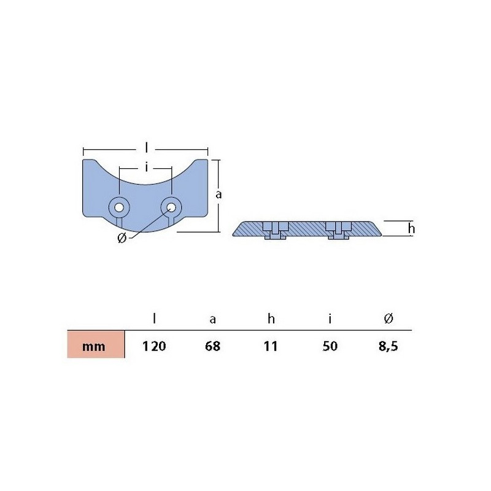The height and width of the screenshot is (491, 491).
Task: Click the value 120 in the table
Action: (154, 346)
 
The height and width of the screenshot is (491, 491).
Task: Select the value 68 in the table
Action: (212, 346)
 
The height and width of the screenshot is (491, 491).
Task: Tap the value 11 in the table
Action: (271, 346)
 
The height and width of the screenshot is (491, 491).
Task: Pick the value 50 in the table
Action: (330, 346)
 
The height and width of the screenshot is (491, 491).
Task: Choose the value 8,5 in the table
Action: (389, 346)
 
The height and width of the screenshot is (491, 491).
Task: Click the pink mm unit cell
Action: (96, 344)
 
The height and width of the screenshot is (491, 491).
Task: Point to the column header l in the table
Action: (154, 319)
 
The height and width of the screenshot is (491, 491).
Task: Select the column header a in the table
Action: (212, 319)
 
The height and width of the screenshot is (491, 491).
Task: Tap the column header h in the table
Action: (271, 319)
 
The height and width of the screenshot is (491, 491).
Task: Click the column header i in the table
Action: (330, 319)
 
